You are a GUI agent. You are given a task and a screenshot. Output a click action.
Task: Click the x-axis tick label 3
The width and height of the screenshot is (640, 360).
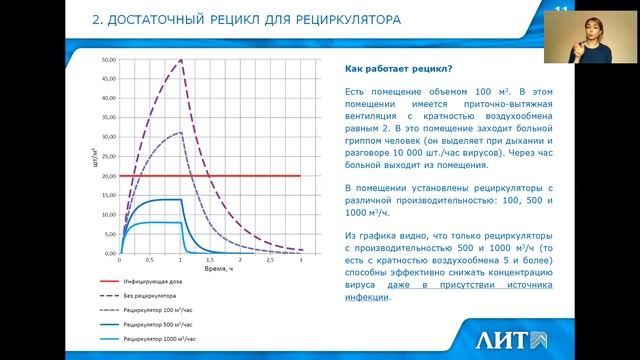[301, 260]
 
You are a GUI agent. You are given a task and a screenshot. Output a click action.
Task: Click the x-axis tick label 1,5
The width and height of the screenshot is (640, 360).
[210, 260]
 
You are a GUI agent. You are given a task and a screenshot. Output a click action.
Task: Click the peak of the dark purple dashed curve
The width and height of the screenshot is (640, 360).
[180, 61]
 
